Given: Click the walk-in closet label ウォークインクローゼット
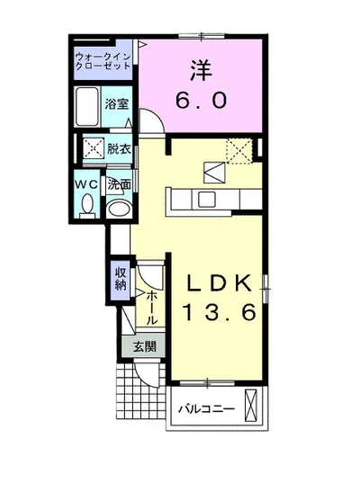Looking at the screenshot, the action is (x=103, y=61).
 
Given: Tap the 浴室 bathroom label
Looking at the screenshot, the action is (x=116, y=104).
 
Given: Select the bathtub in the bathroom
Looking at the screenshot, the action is (x=87, y=106).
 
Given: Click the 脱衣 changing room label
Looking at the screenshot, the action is (x=119, y=149).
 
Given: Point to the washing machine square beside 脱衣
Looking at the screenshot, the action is (x=93, y=148).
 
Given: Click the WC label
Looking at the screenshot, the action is (x=87, y=184).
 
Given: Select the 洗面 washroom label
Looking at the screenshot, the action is (x=119, y=184).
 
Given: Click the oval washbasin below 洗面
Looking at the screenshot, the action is (x=119, y=209).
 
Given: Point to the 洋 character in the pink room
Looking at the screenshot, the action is (x=201, y=70).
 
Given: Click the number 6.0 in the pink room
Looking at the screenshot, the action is (x=202, y=100).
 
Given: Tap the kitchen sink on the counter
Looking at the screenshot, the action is (x=206, y=199).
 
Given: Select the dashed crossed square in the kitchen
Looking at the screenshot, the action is (x=239, y=150).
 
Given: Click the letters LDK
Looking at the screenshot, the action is (x=219, y=283).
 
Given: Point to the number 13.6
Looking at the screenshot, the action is (x=220, y=312).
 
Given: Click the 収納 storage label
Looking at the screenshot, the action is (x=121, y=279).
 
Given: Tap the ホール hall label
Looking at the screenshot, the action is (x=151, y=308).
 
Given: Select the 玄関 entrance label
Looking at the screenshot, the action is (x=145, y=347).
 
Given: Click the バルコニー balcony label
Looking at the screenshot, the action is (x=207, y=409).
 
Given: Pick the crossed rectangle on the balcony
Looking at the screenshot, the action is (x=250, y=406).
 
